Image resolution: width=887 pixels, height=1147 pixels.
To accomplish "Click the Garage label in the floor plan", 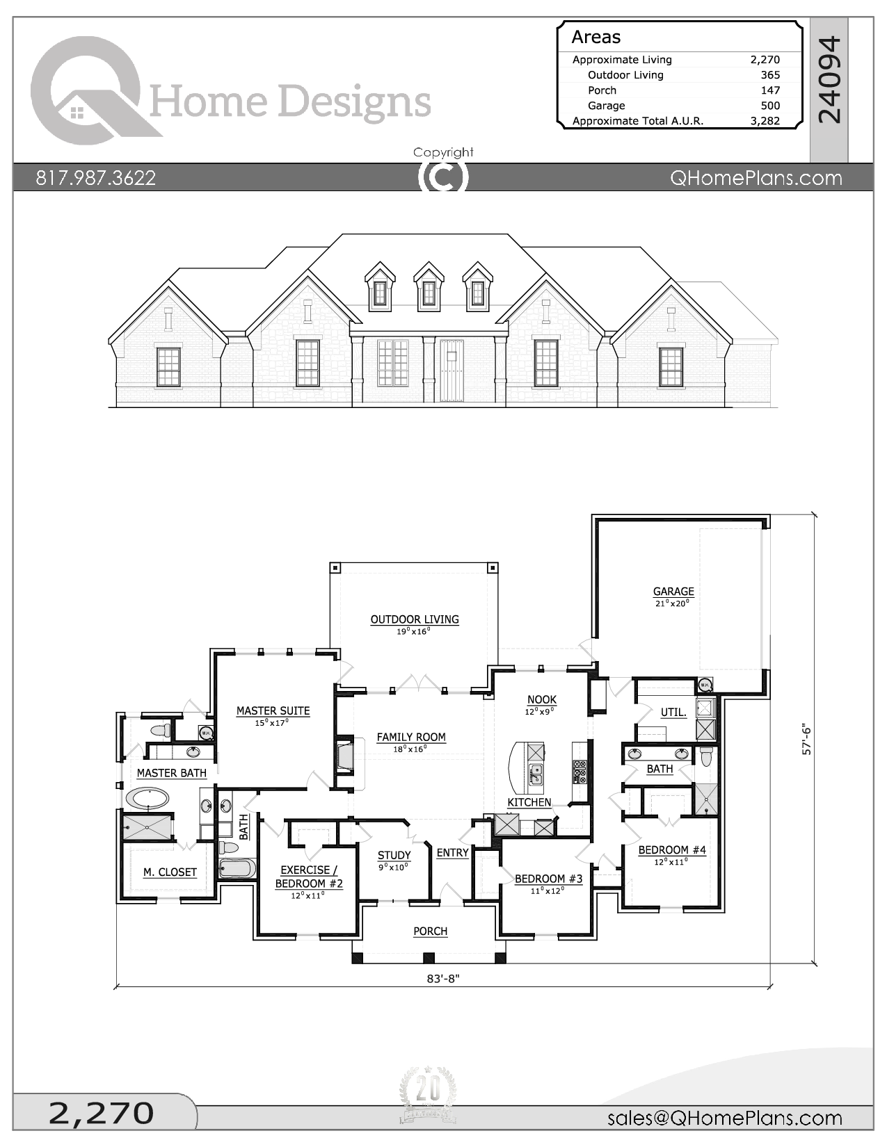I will click(673, 592).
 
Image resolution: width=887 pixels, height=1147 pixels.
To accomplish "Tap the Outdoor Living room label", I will click(414, 619).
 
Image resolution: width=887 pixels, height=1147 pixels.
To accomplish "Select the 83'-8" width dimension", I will click(443, 979).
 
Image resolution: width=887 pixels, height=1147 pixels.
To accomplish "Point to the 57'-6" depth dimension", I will click(807, 740).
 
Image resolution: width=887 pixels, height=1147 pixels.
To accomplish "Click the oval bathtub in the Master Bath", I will click(146, 798).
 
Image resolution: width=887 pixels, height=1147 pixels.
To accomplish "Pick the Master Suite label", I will click(273, 710).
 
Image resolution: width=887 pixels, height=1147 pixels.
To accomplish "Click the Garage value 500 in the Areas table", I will click(769, 106).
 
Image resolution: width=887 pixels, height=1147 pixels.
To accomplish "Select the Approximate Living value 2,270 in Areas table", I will click(765, 60).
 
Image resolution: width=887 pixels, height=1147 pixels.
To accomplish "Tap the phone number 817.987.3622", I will click(95, 178).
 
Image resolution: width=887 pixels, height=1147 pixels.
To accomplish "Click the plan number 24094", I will click(829, 80).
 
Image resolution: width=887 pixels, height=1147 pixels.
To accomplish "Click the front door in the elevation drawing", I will click(451, 371).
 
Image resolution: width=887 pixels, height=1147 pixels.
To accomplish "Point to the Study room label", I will click(394, 855).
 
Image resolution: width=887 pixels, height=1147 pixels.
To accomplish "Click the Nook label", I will click(541, 699).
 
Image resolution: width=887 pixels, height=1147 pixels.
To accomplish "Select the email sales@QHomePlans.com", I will click(724, 1118).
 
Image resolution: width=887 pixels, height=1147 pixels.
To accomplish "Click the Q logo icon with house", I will click(87, 90).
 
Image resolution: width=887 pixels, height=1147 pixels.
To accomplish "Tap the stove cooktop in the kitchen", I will click(579, 772).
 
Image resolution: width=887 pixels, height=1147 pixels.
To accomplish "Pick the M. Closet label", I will click(170, 872).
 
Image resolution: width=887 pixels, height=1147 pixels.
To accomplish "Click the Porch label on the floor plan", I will click(430, 931).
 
